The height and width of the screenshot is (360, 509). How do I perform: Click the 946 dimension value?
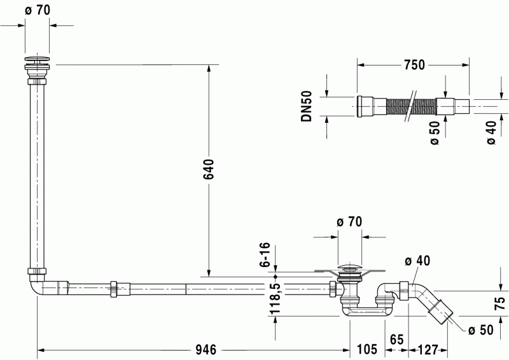tap(206, 350)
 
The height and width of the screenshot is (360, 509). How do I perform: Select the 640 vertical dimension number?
tap(209, 169)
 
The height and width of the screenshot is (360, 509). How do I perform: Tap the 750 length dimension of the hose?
tap(414, 65)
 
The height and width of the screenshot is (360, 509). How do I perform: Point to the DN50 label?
tap(306, 106)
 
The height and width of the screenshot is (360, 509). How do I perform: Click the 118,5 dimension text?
tap(275, 299)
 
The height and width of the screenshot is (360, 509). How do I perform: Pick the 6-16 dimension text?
tap(265, 254)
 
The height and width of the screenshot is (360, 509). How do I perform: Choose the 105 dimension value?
tap(367, 349)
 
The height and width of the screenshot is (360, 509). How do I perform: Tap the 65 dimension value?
tap(396, 339)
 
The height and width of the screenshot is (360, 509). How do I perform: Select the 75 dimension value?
tap(501, 303)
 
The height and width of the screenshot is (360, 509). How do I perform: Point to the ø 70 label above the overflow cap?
tap(38, 10)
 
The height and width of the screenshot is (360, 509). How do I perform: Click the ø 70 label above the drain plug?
tap(349, 222)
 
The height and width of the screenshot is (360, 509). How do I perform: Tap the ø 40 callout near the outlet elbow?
tap(417, 260)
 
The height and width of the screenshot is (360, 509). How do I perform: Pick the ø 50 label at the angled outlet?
tap(481, 330)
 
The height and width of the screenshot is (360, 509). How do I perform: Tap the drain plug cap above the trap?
tap(349, 268)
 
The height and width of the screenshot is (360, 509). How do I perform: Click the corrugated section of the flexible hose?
tap(411, 106)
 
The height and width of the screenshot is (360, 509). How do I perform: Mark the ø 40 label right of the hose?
tap(491, 132)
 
